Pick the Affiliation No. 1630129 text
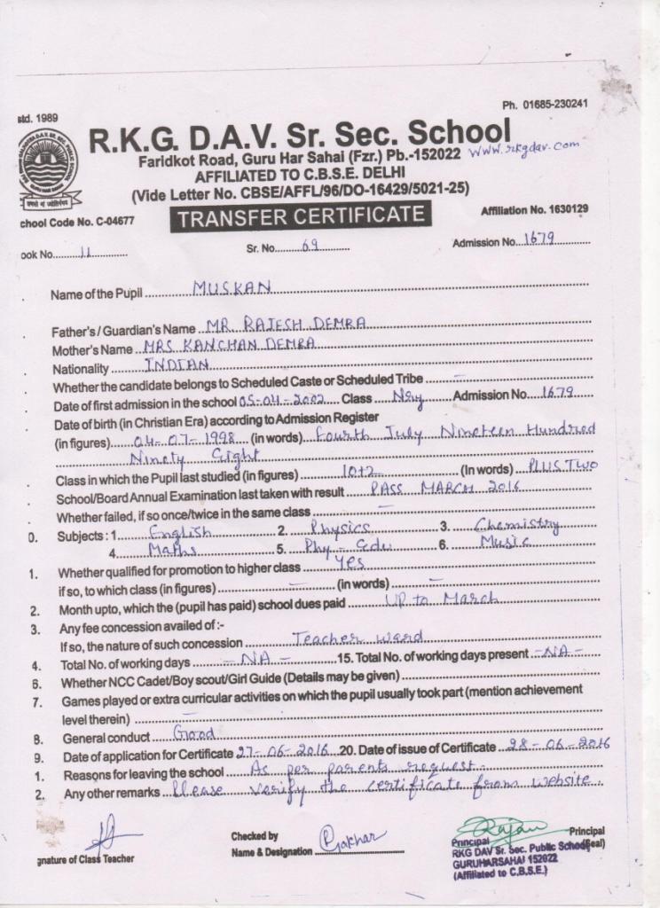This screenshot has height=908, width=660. point(534,210)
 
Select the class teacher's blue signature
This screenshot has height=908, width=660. point(108,835)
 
